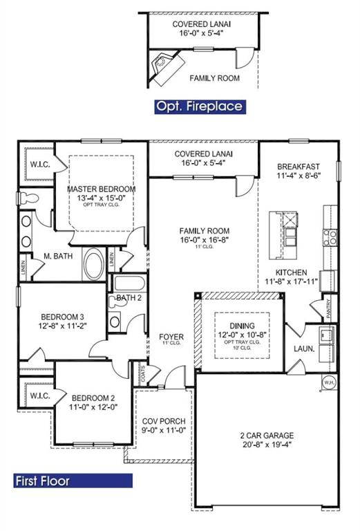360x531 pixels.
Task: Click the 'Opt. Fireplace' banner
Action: pos(199,106)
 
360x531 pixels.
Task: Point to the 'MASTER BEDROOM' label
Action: pos(101,189)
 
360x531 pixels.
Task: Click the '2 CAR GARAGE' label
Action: pos(267,436)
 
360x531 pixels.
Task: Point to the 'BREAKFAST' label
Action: pos(299,167)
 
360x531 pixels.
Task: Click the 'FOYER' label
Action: pos(171,337)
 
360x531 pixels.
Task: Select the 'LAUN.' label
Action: pos(304,349)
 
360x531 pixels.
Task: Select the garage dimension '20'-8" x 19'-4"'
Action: pos(267,446)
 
